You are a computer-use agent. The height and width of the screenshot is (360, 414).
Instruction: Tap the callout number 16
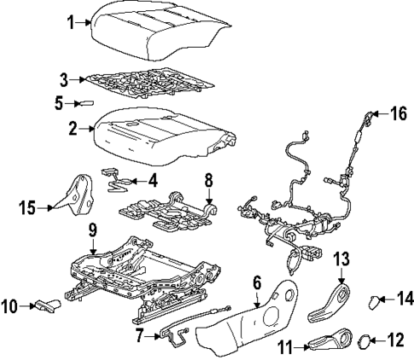399,113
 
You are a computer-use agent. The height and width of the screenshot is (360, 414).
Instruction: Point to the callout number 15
28,206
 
